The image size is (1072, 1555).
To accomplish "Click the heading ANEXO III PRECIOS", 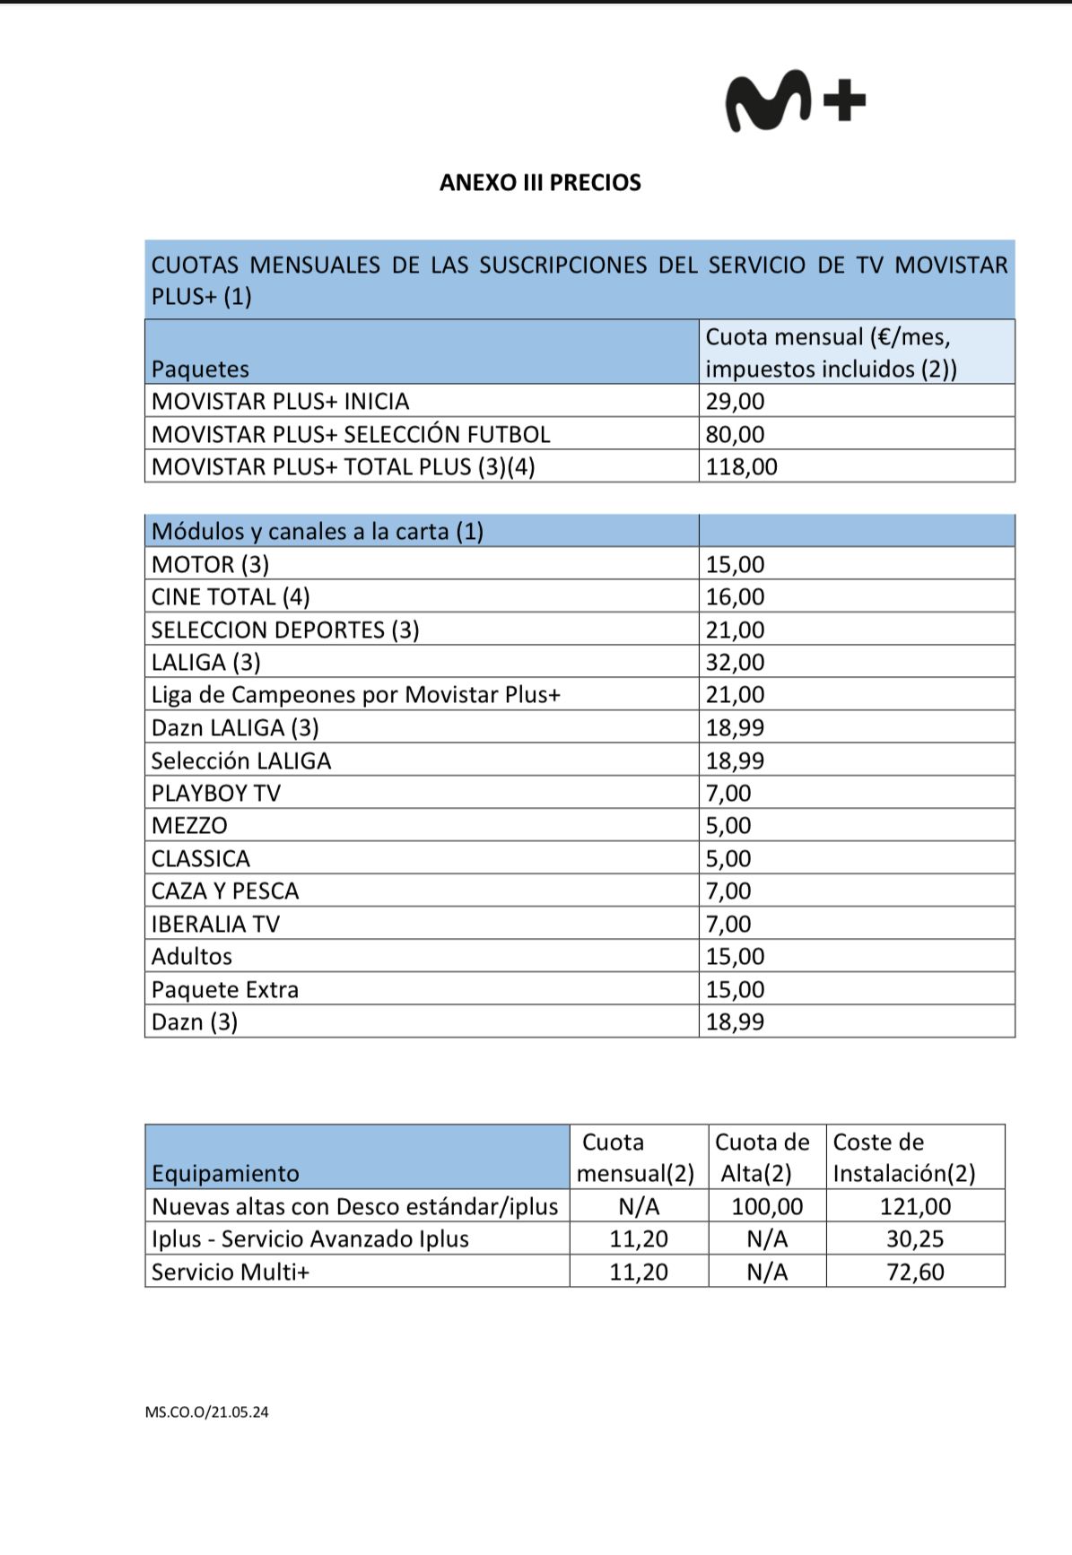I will click(x=540, y=183).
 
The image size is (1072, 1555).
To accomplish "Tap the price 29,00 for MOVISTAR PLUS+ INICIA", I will click(x=735, y=401).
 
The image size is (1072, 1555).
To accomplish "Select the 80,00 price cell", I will click(x=735, y=434).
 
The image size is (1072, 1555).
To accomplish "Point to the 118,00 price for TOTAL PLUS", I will click(x=741, y=466).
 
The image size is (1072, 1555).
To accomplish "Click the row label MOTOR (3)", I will click(x=210, y=564).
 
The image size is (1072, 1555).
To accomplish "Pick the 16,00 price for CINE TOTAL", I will click(x=735, y=597).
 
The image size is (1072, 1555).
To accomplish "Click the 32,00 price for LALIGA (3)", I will click(x=735, y=663).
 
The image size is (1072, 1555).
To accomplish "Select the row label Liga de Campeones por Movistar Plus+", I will click(x=355, y=695).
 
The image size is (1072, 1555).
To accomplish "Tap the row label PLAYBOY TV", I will click(x=215, y=794).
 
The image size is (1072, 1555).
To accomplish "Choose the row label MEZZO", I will click(x=189, y=826).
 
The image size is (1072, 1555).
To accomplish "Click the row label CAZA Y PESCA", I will click(x=224, y=891).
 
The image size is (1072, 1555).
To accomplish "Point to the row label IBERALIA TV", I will click(x=215, y=924).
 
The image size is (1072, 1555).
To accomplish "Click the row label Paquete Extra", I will click(x=224, y=989).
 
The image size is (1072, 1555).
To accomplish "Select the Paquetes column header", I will click(x=200, y=369).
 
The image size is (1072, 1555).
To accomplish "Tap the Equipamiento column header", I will click(x=225, y=1173).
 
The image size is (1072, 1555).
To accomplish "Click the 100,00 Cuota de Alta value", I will click(x=767, y=1206).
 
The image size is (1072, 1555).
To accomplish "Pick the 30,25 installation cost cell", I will click(x=915, y=1238).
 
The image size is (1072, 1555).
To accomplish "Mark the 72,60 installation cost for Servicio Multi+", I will click(x=915, y=1272).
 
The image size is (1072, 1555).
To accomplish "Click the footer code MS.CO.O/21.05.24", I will click(x=206, y=1412).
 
